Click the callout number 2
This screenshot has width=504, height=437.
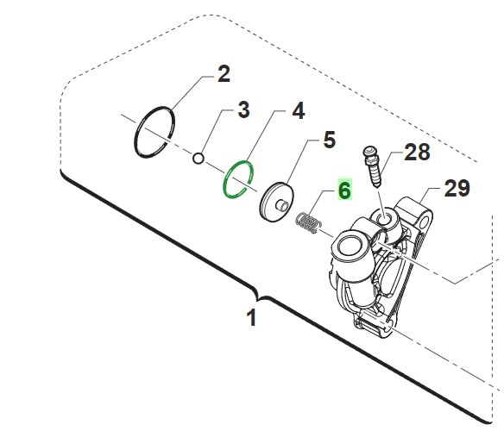[224, 74]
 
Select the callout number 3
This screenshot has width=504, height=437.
[243, 110]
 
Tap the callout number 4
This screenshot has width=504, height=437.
[299, 111]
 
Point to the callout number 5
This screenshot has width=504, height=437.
[329, 140]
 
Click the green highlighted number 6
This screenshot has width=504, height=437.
[344, 190]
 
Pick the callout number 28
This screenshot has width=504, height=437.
[417, 152]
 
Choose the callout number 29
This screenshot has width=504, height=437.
[457, 189]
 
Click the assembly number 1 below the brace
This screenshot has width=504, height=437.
[252, 317]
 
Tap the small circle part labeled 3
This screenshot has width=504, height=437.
[198, 159]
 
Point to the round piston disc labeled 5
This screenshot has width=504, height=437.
[276, 203]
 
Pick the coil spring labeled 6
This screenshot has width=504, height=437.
[309, 223]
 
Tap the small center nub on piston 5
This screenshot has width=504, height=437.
[281, 205]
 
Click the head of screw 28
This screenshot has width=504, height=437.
[369, 151]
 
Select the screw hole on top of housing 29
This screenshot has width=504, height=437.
[383, 220]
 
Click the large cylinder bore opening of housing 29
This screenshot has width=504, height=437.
[350, 245]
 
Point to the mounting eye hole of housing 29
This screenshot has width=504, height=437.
[425, 222]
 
